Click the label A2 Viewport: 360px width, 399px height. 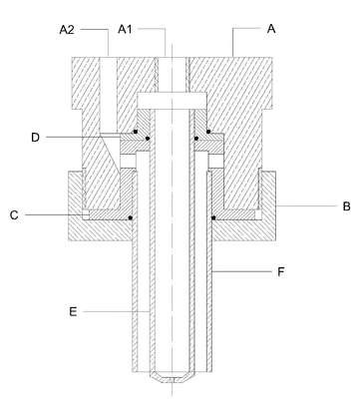[67, 30]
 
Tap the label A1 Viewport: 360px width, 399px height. [125, 29]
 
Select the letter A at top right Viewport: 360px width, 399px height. [271, 29]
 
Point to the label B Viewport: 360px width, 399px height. [346, 206]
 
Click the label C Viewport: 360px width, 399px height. [14, 215]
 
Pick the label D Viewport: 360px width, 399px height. [35, 138]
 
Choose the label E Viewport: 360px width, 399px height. [73, 312]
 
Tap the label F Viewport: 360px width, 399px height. [281, 272]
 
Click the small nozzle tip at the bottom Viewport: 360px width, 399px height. [172, 377]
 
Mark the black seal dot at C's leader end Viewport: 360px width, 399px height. [131, 217]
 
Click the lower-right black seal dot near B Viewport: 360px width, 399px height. [213, 218]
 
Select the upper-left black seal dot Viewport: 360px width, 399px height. [136, 132]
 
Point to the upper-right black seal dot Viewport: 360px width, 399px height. [208, 132]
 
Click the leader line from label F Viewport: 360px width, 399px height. [242, 272]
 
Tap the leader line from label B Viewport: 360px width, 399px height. [307, 206]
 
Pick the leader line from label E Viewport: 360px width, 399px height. [116, 312]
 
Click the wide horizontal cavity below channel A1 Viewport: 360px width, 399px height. [172, 101]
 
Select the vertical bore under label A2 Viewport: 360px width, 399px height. [108, 96]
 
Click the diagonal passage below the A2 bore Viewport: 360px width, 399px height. [110, 152]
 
